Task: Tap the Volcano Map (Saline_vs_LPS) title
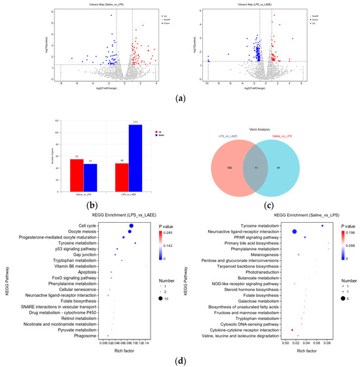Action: pos(108,5)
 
